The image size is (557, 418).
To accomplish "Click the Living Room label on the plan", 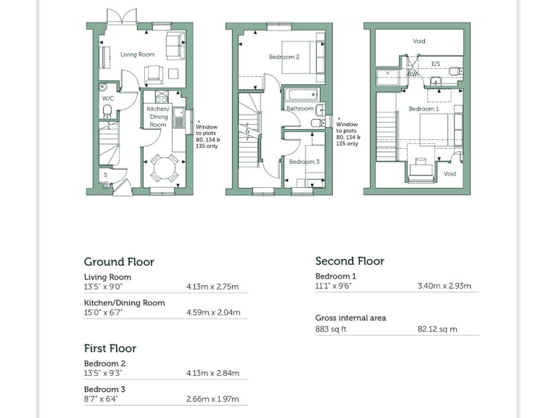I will click(x=138, y=54).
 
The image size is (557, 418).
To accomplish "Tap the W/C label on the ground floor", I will click(x=107, y=98).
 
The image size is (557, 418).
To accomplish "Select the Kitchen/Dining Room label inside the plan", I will click(x=158, y=116).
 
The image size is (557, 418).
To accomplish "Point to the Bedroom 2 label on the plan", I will click(x=284, y=57).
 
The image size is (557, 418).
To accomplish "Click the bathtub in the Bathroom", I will click(x=300, y=94).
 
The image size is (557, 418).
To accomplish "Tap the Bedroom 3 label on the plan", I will click(x=304, y=162).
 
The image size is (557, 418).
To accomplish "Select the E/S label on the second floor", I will click(x=435, y=64).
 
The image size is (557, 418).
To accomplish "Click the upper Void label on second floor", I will click(x=419, y=41).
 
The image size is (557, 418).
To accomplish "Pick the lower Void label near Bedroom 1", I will click(x=450, y=174).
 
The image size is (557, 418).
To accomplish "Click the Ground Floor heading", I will click(x=119, y=262).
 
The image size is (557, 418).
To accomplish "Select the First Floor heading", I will click(x=110, y=348).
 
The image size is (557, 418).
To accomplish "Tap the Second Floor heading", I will click(x=350, y=261).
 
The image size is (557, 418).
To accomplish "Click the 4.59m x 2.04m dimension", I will click(x=213, y=313).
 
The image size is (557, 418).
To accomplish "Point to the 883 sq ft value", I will click(x=331, y=329).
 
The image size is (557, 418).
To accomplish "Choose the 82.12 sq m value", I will click(x=437, y=329).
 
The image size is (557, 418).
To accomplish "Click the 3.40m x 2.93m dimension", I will click(x=444, y=286).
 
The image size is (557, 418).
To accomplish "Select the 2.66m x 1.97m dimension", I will click(x=213, y=399).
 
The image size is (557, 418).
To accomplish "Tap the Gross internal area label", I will click(x=350, y=318).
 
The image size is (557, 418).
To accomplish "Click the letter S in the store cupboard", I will click(x=106, y=175).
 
